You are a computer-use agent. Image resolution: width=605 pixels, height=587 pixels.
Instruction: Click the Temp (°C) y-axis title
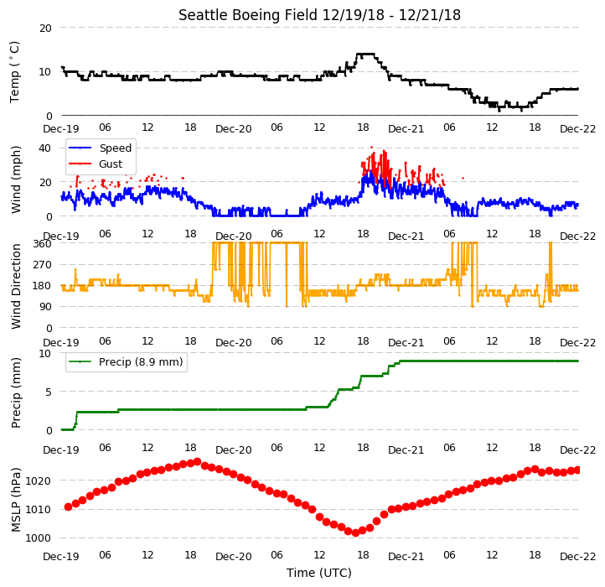[14, 72]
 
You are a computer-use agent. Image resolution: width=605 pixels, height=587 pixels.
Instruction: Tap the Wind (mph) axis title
[16, 180]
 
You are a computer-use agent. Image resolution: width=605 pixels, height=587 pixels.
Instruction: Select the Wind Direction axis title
[16, 286]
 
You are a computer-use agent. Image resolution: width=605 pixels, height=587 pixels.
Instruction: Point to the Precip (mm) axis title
[16, 393]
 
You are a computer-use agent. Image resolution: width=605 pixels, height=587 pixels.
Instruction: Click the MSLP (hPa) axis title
[16, 500]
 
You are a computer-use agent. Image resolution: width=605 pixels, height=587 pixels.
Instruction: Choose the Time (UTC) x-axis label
[319, 573]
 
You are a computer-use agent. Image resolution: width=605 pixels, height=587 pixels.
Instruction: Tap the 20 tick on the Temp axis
[45, 29]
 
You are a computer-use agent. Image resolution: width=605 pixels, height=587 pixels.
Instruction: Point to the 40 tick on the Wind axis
[44, 148]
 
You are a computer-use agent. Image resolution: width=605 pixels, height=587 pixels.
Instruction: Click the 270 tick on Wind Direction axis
[43, 265]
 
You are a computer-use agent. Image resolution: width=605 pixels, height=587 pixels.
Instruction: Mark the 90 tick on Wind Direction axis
[45, 307]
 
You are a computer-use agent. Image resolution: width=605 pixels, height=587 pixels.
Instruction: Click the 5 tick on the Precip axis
[49, 392]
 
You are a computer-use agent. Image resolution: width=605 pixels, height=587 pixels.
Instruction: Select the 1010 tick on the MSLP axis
[39, 509]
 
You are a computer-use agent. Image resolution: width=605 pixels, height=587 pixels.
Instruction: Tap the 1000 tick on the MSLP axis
[39, 538]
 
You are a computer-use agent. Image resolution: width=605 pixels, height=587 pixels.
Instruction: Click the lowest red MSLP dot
[355, 533]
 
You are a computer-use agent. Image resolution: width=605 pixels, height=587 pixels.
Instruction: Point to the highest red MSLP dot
[198, 461]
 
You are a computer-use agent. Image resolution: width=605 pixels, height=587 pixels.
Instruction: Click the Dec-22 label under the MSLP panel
[577, 557]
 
